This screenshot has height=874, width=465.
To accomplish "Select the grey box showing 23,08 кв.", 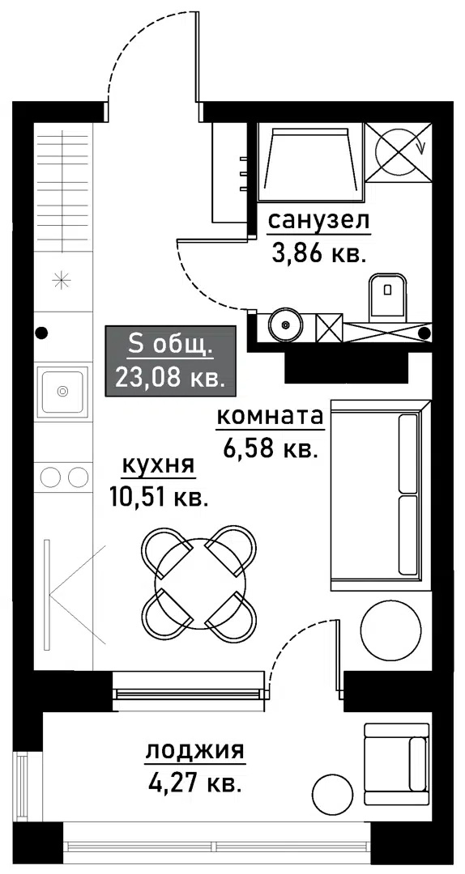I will point(170,361).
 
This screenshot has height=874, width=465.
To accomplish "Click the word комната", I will point(270,417).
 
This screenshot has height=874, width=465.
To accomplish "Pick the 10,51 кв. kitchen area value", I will point(158,496).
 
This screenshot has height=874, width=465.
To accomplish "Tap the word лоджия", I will point(194,751).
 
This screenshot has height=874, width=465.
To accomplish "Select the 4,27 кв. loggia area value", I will point(194,783).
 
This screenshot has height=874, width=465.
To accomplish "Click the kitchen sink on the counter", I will point(62,391).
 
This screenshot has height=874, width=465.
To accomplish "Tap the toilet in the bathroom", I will point(388,296).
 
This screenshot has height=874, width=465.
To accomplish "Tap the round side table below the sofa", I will point(391,630).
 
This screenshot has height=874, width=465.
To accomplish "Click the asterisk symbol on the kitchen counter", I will point(62,281).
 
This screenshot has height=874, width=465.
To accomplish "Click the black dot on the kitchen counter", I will point(41,332).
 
